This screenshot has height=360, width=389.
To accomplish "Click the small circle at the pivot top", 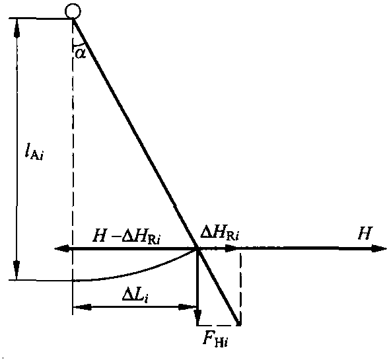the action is (x=73, y=11).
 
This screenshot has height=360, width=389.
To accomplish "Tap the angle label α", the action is (x=81, y=54).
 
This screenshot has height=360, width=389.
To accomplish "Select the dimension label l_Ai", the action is (x=34, y=152).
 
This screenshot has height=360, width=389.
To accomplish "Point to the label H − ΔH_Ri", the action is (x=127, y=237).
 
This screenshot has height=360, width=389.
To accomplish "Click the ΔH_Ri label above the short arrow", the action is (x=220, y=234).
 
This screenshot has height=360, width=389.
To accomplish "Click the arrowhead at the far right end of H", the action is (x=379, y=248).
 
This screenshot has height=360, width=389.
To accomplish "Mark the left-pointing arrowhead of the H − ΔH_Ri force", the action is (x=62, y=248).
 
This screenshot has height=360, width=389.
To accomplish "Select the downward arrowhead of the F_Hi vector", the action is (x=197, y=316).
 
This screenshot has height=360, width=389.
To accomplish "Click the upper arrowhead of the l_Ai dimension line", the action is (x=17, y=28).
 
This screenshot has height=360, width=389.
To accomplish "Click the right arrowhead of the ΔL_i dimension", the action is (x=188, y=307).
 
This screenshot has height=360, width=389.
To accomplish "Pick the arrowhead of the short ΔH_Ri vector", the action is (x=231, y=248).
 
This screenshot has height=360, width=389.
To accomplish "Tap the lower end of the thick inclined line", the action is (x=239, y=324).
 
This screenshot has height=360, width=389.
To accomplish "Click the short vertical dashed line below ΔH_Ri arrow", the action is (x=240, y=287).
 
